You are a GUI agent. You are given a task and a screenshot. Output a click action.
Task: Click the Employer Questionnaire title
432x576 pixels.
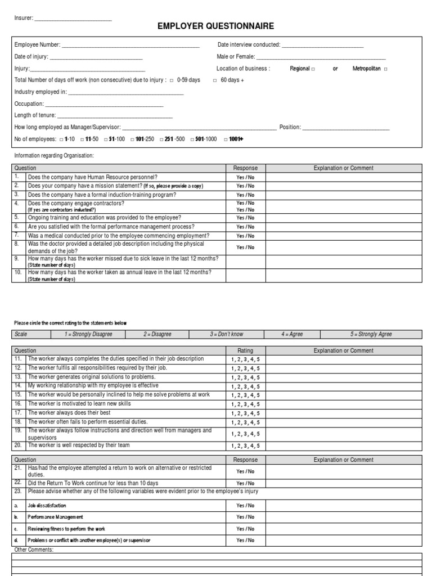coord(215,26)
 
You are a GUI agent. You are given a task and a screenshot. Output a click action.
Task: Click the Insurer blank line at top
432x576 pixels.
coord(73,20)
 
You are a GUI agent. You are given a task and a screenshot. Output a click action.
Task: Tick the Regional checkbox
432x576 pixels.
coord(313,69)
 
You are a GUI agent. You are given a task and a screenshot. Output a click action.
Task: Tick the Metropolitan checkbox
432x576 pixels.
coord(385,69)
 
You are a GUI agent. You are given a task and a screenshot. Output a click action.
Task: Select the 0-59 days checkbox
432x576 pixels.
coord(172,80)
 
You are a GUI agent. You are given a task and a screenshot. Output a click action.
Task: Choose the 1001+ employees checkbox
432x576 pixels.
coord(226,139)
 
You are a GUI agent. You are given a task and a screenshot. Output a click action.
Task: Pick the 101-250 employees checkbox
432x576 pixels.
coord(133,139)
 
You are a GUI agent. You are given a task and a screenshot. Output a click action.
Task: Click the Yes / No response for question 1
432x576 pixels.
coord(245,177)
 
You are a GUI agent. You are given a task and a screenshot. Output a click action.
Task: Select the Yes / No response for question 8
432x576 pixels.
coord(245,247)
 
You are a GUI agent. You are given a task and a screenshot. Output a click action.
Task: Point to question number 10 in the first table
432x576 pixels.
coord(17,272)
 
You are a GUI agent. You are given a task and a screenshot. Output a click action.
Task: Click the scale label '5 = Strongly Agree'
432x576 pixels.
coord(371,334)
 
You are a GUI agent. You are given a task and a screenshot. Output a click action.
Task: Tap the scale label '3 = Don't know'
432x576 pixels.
coord(227,334)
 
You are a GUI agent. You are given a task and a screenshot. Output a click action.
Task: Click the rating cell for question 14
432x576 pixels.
coord(245,386)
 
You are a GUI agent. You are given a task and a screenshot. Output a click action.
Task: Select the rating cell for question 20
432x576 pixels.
coord(245,445)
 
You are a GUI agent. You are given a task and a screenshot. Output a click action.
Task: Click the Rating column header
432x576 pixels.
coord(245,350)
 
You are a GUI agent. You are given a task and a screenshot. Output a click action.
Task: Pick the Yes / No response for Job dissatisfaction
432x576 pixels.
coord(245,506)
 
